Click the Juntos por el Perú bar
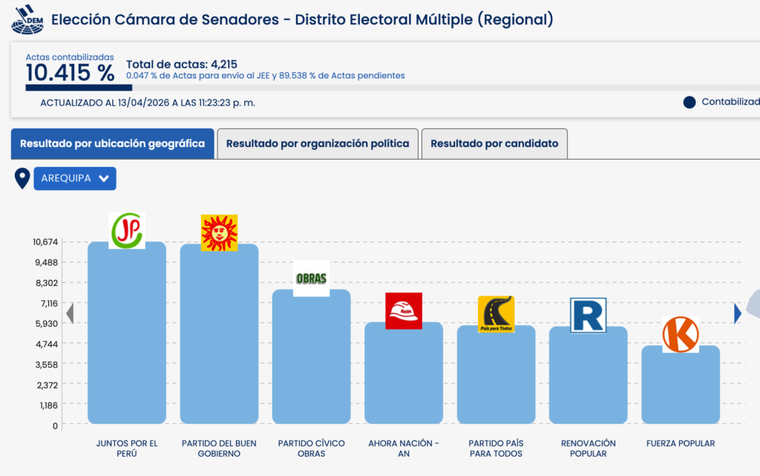tap(126, 334)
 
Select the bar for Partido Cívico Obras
tap(311, 356)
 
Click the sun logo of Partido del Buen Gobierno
tap(219, 232)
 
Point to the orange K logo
tap(681, 334)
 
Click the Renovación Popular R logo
tap(588, 316)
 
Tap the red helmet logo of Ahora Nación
tap(404, 310)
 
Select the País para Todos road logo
tap(496, 314)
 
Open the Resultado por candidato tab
tap(494, 143)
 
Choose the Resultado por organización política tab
tap(318, 143)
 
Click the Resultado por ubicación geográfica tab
tap(112, 143)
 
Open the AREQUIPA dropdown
tap(75, 178)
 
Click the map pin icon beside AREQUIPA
tap(22, 178)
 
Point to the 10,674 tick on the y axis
tap(45, 242)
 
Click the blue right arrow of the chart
tap(737, 314)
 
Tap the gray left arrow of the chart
tap(70, 314)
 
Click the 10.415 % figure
tap(70, 73)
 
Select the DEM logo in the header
tap(27, 19)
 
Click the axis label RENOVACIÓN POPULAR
tap(588, 449)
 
